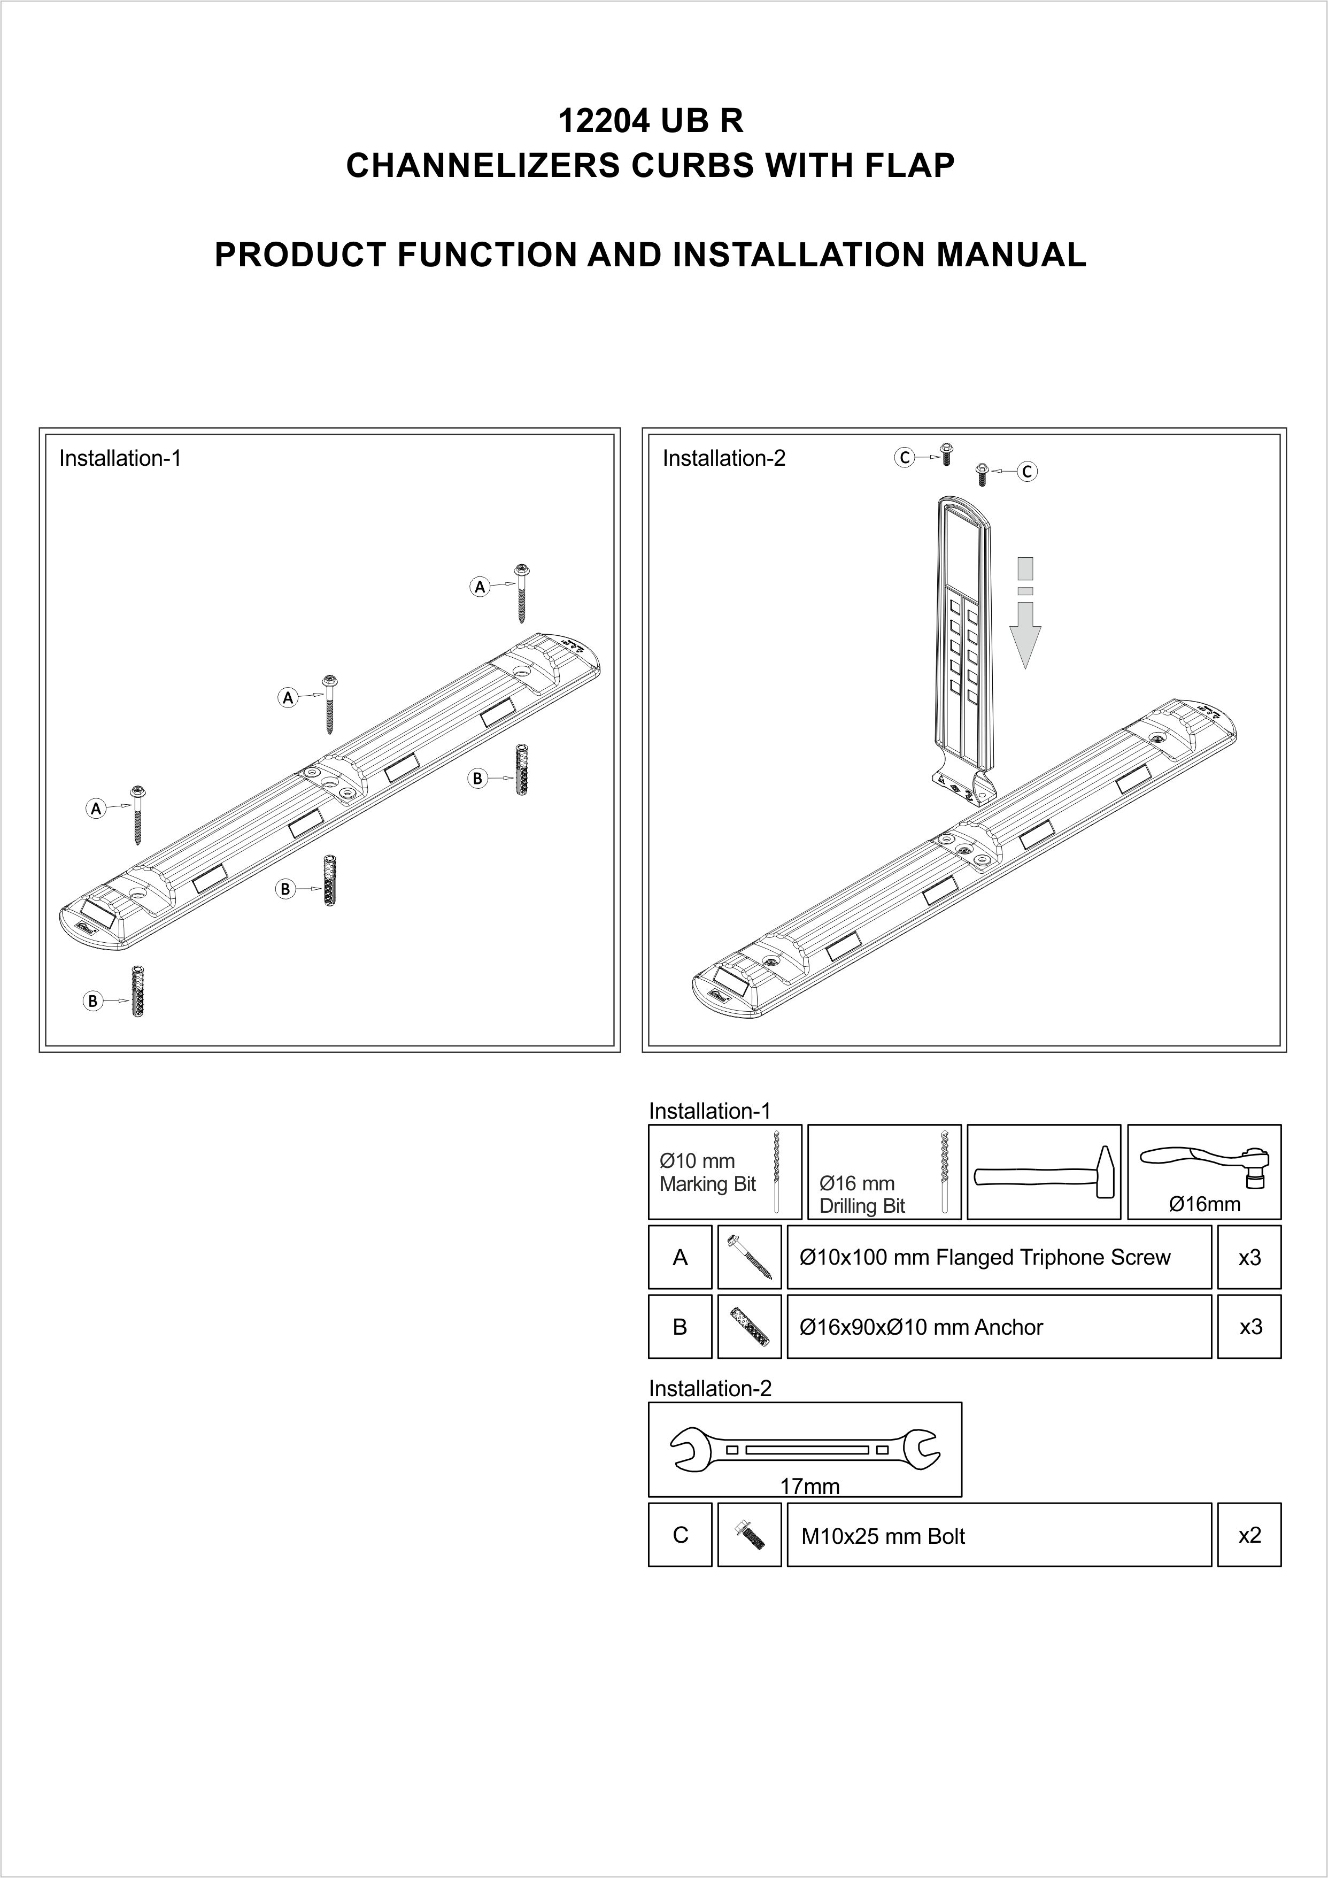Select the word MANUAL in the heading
(x=1011, y=255)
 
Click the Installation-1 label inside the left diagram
(x=119, y=458)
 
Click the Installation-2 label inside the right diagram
(x=724, y=459)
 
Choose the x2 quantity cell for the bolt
(x=1249, y=1535)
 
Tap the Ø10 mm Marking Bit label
(x=707, y=1172)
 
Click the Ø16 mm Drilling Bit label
(x=862, y=1194)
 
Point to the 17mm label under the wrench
(x=809, y=1486)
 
